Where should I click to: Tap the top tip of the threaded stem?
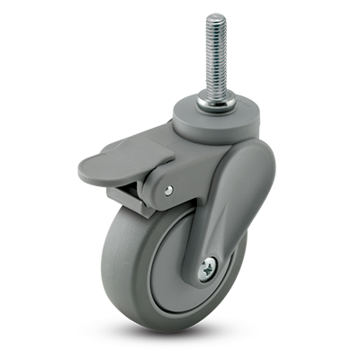pos(215,16)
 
